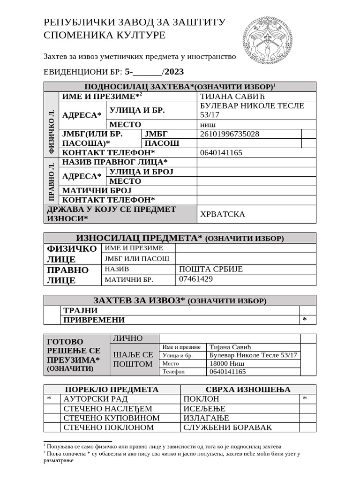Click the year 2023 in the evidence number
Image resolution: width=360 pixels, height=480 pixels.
pos(174,72)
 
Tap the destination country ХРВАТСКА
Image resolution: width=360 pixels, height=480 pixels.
pos(223,214)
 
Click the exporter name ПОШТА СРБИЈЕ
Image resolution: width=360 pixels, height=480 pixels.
pos(211,269)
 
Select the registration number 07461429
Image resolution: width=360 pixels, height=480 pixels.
pos(196,279)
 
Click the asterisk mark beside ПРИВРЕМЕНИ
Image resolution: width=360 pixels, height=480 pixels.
pos(305,320)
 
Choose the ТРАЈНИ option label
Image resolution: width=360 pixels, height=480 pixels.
pos(80,310)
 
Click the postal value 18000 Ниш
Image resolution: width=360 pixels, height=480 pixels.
pos(227,363)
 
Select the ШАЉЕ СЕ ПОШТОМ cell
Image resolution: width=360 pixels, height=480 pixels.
pos(133,360)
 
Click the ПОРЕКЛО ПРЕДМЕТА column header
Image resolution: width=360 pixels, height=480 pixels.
pos(112,390)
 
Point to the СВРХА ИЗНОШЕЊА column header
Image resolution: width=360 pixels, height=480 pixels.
pos(248,390)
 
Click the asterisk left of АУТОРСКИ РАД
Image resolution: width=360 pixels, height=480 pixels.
pos(49,399)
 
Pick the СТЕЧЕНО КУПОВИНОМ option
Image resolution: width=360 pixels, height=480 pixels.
pos(112,418)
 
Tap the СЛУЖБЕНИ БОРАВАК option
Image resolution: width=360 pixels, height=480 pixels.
pos(227,427)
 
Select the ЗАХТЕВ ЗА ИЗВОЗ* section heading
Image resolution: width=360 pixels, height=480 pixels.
pos(180,300)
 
